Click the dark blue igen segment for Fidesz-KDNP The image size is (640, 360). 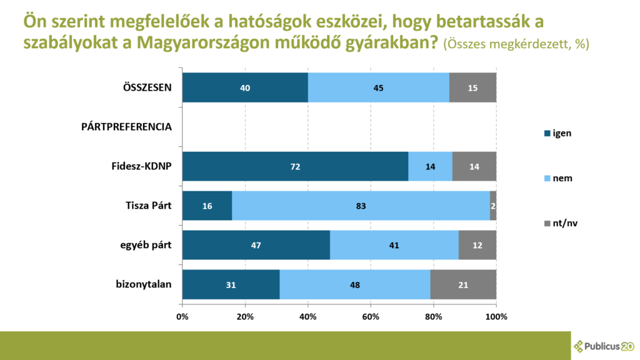[295, 166]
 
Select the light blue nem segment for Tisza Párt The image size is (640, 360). [361, 206]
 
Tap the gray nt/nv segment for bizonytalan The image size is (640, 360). [463, 284]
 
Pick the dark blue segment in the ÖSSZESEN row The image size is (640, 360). [244, 87]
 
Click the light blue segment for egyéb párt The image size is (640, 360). [394, 245]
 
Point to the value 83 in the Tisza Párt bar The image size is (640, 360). [361, 206]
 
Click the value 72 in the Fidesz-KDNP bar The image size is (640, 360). [295, 166]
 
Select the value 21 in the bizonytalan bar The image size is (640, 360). [463, 285]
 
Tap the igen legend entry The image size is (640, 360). [557, 132]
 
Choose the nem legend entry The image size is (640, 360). [557, 178]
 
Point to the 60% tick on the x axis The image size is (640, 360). [371, 316]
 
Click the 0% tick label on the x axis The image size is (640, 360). [182, 316]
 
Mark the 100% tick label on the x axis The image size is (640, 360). [496, 316]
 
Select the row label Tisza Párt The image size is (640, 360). [149, 206]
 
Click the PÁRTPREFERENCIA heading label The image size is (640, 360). [127, 127]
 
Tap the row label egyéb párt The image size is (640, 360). [146, 245]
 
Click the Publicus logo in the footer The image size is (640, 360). [603, 345]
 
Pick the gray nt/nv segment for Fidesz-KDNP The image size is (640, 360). [474, 166]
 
